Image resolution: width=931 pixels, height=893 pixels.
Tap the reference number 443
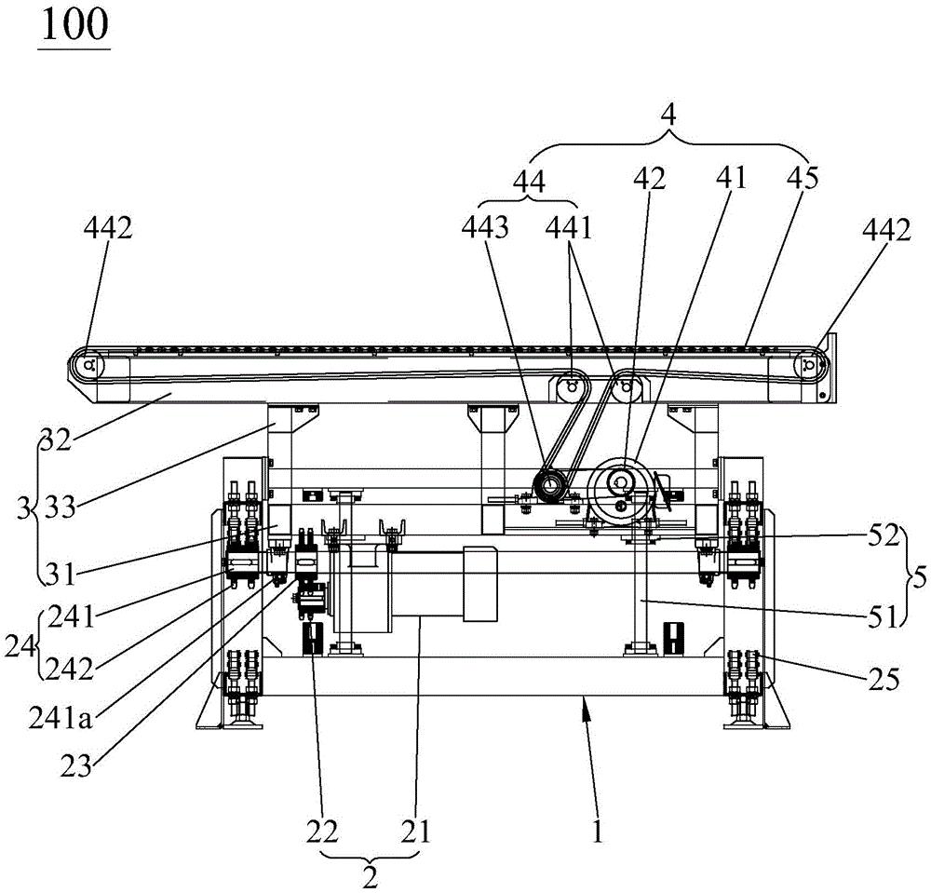tap(486, 227)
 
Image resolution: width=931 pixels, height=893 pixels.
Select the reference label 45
tap(803, 178)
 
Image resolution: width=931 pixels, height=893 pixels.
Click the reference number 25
tap(884, 679)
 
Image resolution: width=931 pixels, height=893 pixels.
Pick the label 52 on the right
tap(884, 536)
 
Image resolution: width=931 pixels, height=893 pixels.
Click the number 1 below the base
tap(598, 831)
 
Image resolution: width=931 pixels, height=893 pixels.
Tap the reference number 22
tap(322, 832)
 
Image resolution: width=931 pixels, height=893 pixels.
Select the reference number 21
tap(415, 832)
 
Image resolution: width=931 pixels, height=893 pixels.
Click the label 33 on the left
tap(61, 507)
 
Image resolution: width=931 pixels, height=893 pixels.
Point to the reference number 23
tap(76, 766)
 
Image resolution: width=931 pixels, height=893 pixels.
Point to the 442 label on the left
tap(107, 227)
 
